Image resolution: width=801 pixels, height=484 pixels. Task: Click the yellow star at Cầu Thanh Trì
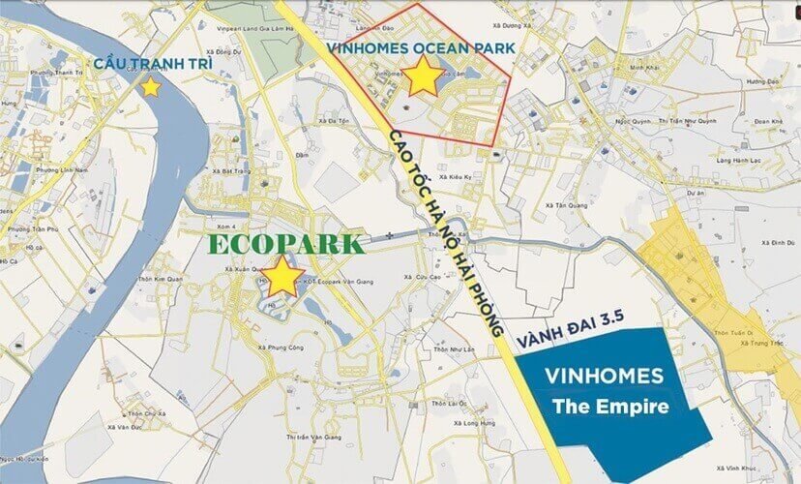click(150, 87)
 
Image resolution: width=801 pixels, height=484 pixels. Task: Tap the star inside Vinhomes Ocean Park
click(424, 76)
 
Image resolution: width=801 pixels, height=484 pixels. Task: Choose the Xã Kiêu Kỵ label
click(455, 178)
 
